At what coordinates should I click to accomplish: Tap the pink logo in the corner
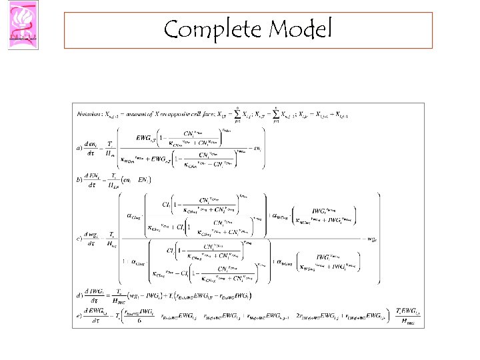click(23, 25)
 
